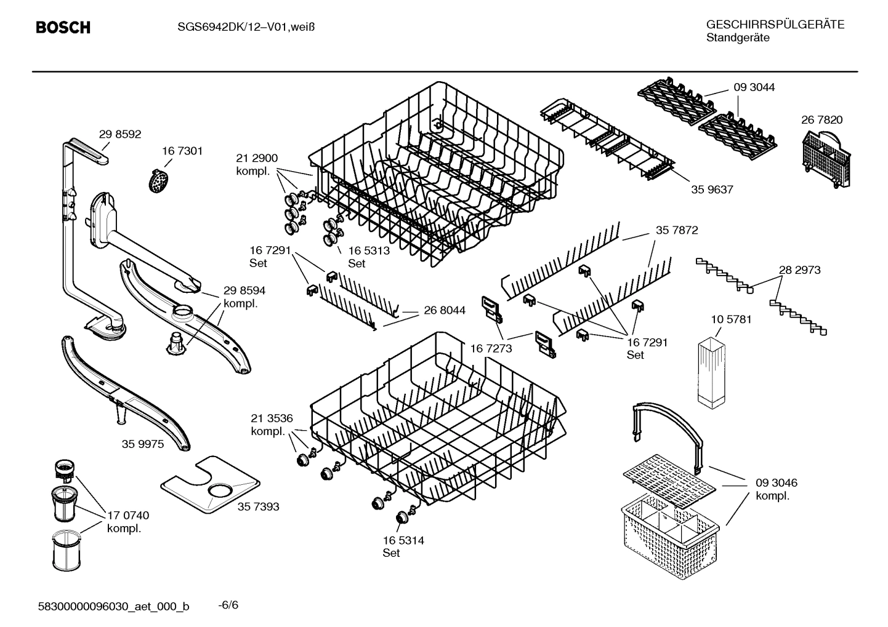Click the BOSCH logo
[63, 28]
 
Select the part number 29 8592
[120, 134]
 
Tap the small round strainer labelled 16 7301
[159, 182]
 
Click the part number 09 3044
[754, 87]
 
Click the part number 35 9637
[712, 190]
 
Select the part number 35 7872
[676, 230]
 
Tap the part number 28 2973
[799, 270]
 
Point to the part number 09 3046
[776, 483]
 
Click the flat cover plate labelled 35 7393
[209, 486]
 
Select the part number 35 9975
[143, 444]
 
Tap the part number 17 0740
[128, 515]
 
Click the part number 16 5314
[403, 540]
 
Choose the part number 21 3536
[272, 419]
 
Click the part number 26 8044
[445, 311]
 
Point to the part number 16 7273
[491, 349]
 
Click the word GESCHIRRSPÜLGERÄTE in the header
[775, 25]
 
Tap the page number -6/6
[228, 605]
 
